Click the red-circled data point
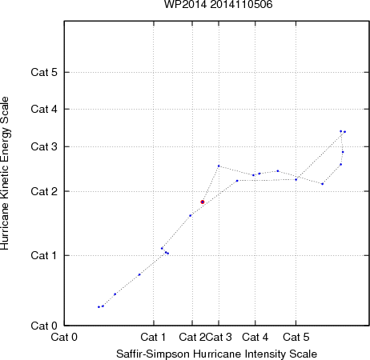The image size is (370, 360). (203, 202)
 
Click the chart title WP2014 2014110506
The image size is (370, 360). (218, 5)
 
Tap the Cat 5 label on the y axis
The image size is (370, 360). (44, 72)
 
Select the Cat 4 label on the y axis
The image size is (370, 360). (44, 109)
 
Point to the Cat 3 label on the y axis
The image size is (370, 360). (44, 146)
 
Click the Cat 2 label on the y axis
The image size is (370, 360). (44, 191)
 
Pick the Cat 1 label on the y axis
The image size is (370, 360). (44, 255)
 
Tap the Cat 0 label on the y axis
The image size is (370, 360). (44, 326)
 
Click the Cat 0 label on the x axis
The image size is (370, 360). (64, 337)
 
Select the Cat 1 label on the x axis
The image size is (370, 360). (153, 337)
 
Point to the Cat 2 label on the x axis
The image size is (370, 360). (192, 337)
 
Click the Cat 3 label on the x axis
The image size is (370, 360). (219, 337)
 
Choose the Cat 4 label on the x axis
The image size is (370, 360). (255, 337)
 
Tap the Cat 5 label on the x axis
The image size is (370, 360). (296, 337)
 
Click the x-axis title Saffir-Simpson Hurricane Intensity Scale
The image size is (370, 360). (217, 354)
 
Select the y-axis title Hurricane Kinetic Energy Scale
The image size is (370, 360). (5, 174)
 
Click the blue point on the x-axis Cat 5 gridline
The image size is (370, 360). (296, 180)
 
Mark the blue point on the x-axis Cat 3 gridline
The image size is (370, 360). (219, 166)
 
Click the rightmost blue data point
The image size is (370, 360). (345, 132)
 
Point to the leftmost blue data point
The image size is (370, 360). (99, 307)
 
